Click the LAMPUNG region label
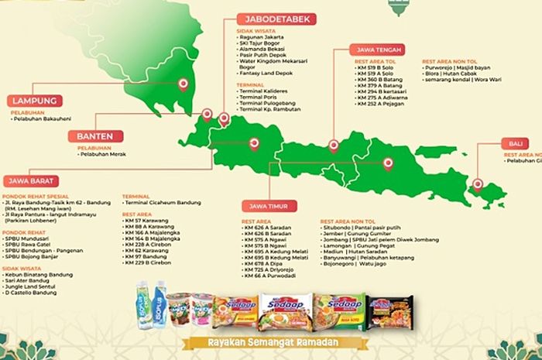35,100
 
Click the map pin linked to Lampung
184,86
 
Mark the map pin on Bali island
478,184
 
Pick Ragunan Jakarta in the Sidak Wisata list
264,36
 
